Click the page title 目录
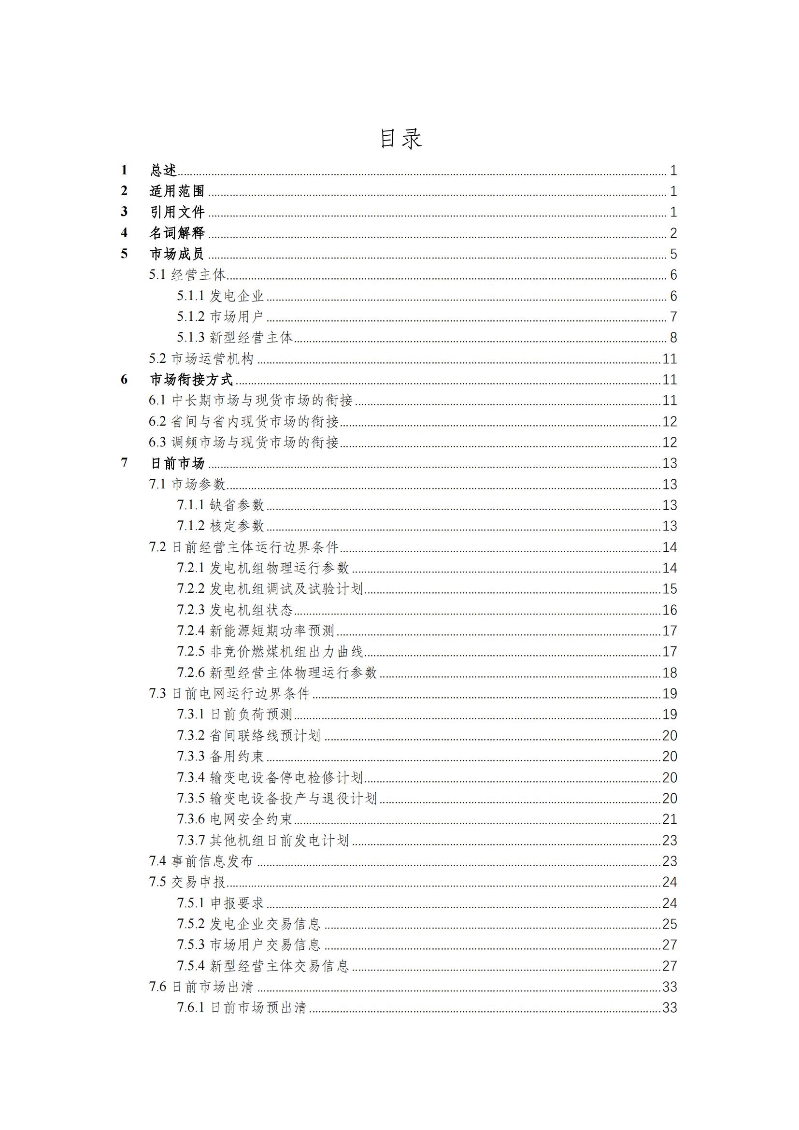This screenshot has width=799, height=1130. click(x=400, y=139)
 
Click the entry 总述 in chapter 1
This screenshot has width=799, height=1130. click(x=163, y=170)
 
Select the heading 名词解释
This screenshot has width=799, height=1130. click(x=177, y=233)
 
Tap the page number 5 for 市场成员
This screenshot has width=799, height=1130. click(x=673, y=254)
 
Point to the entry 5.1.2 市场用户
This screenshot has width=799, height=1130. click(x=220, y=316)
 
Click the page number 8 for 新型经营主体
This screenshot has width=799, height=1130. click(x=673, y=338)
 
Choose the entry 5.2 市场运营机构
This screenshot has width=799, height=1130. click(x=201, y=359)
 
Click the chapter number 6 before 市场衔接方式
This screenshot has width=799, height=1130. click(x=124, y=379)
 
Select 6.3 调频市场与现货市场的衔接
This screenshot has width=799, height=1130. click(x=243, y=443)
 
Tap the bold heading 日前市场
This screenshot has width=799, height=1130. click(x=177, y=463)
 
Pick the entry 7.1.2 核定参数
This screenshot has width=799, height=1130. click(x=221, y=526)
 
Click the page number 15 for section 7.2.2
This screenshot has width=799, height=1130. click(x=670, y=589)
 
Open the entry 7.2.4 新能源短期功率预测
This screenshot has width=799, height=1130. click(x=256, y=631)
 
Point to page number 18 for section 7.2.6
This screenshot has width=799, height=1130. click(x=670, y=673)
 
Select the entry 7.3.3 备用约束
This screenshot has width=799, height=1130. click(x=221, y=757)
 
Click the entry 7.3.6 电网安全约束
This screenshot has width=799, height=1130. click(x=235, y=819)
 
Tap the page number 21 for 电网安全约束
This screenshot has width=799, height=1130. click(x=670, y=819)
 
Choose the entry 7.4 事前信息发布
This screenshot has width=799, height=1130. click(x=201, y=861)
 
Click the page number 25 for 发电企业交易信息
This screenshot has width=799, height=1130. click(x=670, y=924)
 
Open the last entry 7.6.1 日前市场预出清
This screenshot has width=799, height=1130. click(x=242, y=1008)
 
